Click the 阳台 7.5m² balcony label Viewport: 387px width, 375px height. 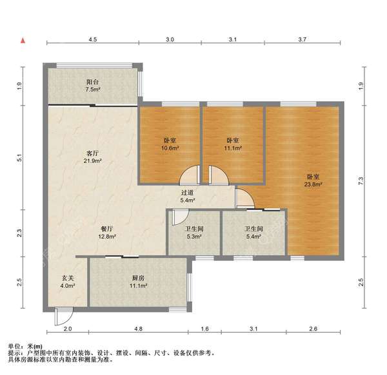coord(93,86)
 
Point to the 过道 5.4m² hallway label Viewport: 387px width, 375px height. coord(187,195)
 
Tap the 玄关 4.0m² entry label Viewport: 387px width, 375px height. coord(68,282)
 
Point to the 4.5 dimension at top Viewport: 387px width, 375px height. coord(93,40)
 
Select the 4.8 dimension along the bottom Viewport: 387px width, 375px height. coord(138,329)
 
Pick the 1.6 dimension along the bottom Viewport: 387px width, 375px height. coord(205,329)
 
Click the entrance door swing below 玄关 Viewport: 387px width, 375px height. coord(64,316)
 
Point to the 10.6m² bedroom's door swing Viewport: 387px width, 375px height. coord(189,175)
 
